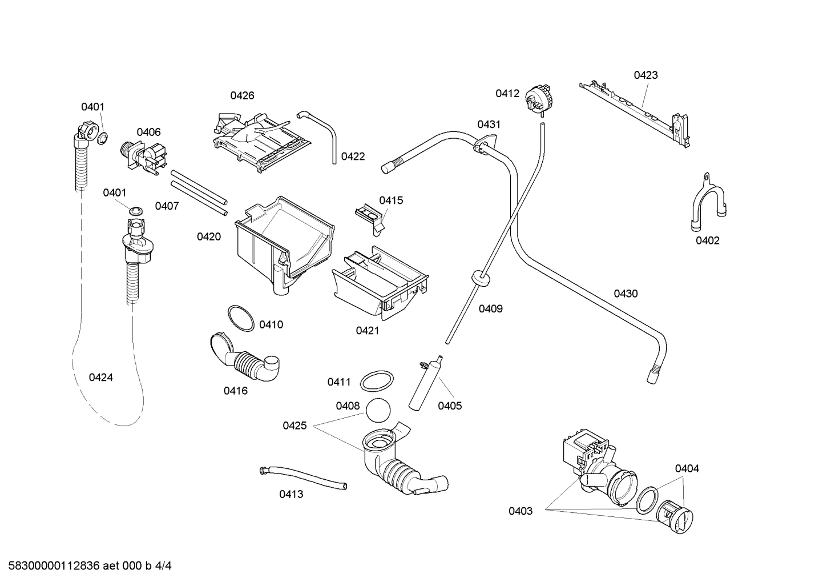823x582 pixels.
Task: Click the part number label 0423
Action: pos(646,75)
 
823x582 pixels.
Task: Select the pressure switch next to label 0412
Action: pos(540,97)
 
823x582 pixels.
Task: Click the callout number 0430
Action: pos(626,294)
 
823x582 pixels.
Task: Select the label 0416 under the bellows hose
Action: pos(235,391)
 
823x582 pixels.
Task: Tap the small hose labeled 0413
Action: pos(302,476)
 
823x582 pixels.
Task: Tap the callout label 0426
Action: pos(242,95)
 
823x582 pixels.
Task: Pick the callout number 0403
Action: pos(521,511)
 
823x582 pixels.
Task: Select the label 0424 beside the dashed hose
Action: pos(100,378)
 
